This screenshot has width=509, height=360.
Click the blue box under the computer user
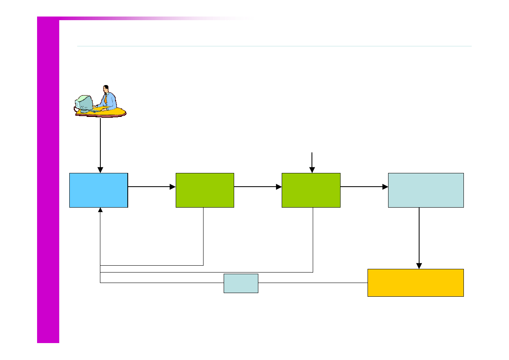[x=99, y=190]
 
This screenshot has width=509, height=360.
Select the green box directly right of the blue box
[x=205, y=190]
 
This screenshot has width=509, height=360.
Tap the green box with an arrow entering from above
[x=311, y=190]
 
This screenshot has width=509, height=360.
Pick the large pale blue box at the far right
[x=426, y=190]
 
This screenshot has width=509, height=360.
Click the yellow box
[x=416, y=283]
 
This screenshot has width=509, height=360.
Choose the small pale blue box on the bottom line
[x=241, y=283]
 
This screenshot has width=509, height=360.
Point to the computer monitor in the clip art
[x=85, y=103]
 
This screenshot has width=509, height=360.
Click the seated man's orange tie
[x=106, y=99]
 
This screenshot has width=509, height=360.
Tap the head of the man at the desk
[x=106, y=88]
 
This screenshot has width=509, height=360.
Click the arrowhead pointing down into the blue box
[x=100, y=170]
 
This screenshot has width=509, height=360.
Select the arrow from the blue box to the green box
[x=152, y=187]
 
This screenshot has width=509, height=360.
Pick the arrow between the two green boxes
[x=258, y=187]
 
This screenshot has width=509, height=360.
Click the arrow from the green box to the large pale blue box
[x=364, y=187]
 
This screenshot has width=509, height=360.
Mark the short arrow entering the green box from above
[x=312, y=163]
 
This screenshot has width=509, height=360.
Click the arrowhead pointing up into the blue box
[x=100, y=210]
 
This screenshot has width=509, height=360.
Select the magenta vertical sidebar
[x=48, y=181]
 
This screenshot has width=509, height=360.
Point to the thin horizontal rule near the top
[x=274, y=46]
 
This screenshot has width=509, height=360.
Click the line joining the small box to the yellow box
[x=313, y=283]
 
